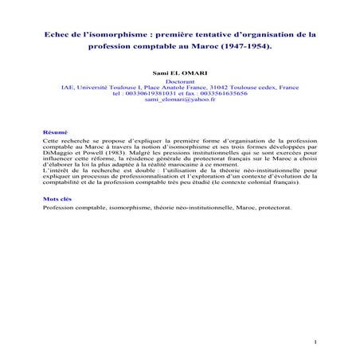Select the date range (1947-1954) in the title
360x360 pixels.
click(245, 47)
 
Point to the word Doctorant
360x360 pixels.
click(179, 80)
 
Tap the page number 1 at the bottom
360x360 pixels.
click(316, 343)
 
